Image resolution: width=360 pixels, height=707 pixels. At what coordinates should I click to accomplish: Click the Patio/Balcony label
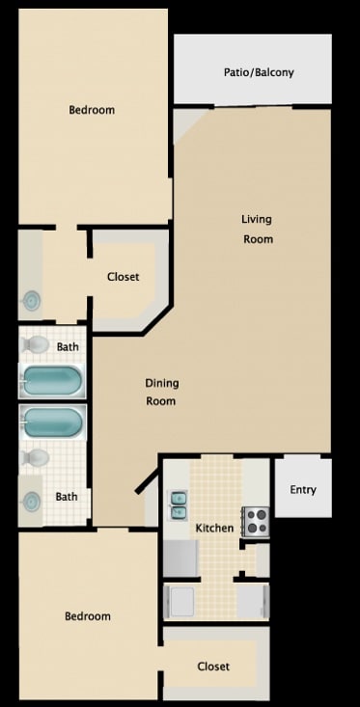click(x=259, y=72)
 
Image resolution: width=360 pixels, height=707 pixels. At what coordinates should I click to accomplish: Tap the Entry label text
click(x=303, y=490)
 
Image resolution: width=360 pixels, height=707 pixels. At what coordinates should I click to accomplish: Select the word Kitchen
click(x=214, y=529)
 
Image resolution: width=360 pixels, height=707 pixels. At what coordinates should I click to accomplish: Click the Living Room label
click(x=257, y=229)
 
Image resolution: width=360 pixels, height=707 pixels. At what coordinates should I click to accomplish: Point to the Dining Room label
click(x=162, y=392)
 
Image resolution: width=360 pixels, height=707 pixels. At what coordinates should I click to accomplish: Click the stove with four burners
click(x=255, y=521)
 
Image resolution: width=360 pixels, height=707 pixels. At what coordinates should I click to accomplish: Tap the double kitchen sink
click(x=180, y=500)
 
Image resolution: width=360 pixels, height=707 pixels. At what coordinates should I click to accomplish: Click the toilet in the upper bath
click(x=36, y=344)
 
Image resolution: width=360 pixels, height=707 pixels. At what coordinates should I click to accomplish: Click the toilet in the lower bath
click(x=36, y=457)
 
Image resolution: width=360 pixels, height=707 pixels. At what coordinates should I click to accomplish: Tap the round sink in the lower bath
click(x=32, y=502)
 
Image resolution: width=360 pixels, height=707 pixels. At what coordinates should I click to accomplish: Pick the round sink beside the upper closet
click(x=32, y=301)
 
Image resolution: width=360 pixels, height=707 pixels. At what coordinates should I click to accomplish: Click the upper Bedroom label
click(x=92, y=110)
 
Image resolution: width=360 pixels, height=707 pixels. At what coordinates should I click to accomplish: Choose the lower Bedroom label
click(x=88, y=616)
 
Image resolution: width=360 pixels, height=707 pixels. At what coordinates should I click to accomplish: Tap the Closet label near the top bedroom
click(x=123, y=277)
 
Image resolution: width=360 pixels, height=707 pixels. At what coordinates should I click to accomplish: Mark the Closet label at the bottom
click(x=213, y=666)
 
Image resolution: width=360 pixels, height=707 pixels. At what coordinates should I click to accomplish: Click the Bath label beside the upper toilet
click(x=68, y=346)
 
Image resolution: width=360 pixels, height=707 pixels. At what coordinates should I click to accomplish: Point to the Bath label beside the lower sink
click(x=67, y=497)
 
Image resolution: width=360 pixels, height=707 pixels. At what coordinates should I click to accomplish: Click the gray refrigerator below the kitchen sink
click(x=180, y=557)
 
